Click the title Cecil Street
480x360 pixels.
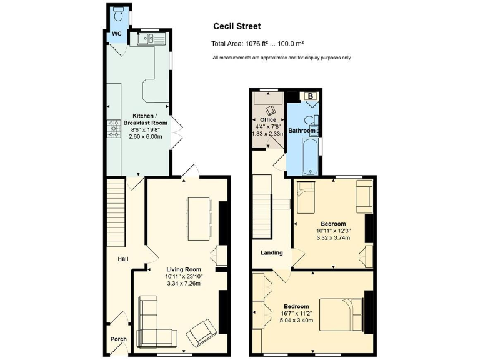pos(237,26)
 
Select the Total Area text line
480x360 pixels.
pos(257,44)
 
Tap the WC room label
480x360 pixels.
pos(117,34)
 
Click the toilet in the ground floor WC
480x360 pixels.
pos(117,13)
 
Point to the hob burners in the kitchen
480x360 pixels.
pos(114,128)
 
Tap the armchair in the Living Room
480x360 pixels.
pos(201,333)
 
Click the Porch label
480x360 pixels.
pos(118,339)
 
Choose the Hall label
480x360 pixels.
pos(123,259)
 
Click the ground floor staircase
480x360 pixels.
pos(116,212)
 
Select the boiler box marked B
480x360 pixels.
pos(311,96)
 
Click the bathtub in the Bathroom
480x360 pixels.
pos(309,157)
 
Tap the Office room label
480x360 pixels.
pos(268,119)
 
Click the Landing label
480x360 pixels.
pos(272,253)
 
